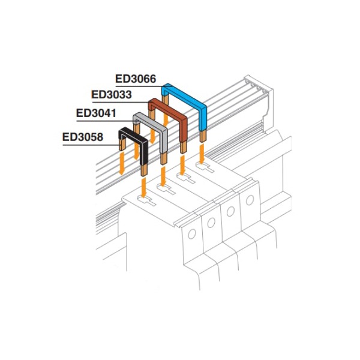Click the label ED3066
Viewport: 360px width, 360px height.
coord(136,79)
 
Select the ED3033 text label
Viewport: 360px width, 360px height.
coord(112,95)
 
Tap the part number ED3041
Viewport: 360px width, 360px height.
coord(96,113)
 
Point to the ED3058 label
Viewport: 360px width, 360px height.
coord(83,137)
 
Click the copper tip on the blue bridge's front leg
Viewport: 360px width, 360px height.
coord(203,136)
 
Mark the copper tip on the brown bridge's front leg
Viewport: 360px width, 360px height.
coord(184,148)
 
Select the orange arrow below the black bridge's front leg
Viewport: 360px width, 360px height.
coord(144,188)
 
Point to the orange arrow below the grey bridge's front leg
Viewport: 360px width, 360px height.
coord(163,176)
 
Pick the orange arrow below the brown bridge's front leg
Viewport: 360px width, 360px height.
coord(182,165)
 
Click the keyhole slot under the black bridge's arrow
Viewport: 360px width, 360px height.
coord(146,200)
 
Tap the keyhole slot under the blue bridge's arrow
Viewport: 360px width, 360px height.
coord(205,167)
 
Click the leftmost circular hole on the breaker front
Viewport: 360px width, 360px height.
coord(192,234)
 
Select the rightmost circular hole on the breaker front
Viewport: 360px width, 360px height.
coord(250,200)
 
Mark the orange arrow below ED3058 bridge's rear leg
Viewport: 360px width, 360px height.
coord(122,163)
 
